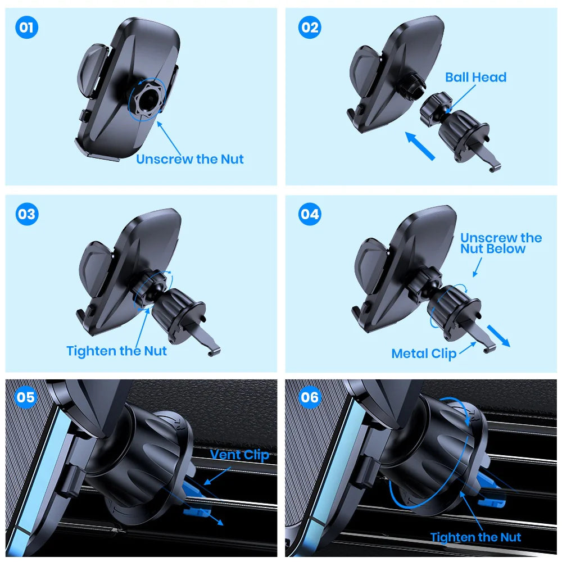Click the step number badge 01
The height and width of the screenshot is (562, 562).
pyautogui.click(x=26, y=28)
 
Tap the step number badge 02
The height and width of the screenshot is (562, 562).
pyautogui.click(x=309, y=28)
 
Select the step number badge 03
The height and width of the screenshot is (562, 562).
pyautogui.click(x=26, y=215)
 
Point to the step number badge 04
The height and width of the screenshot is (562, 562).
pyautogui.click(x=309, y=215)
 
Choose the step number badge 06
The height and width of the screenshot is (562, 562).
pyautogui.click(x=309, y=397)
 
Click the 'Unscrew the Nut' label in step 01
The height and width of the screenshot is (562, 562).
pyautogui.click(x=190, y=159)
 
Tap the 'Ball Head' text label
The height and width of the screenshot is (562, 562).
pyautogui.click(x=475, y=78)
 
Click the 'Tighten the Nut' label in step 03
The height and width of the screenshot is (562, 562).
pyautogui.click(x=116, y=351)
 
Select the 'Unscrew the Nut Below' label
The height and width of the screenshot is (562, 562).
pyautogui.click(x=500, y=243)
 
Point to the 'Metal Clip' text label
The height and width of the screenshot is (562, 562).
pyautogui.click(x=424, y=353)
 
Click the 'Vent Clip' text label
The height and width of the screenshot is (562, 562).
pyautogui.click(x=240, y=455)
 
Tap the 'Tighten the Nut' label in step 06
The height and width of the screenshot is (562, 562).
pyautogui.click(x=475, y=537)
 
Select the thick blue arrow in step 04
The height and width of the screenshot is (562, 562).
pyautogui.click(x=498, y=336)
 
